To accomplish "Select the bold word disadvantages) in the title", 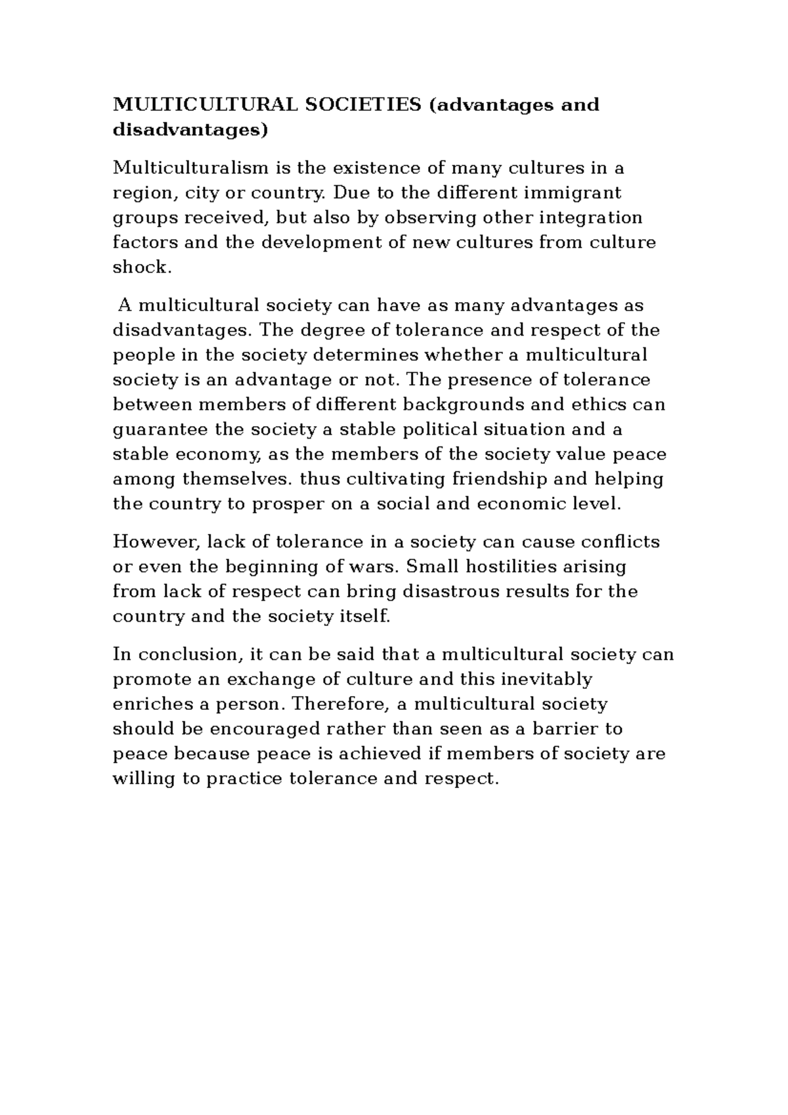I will pyautogui.click(x=191, y=130).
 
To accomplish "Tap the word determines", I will pyautogui.click(x=366, y=355).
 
